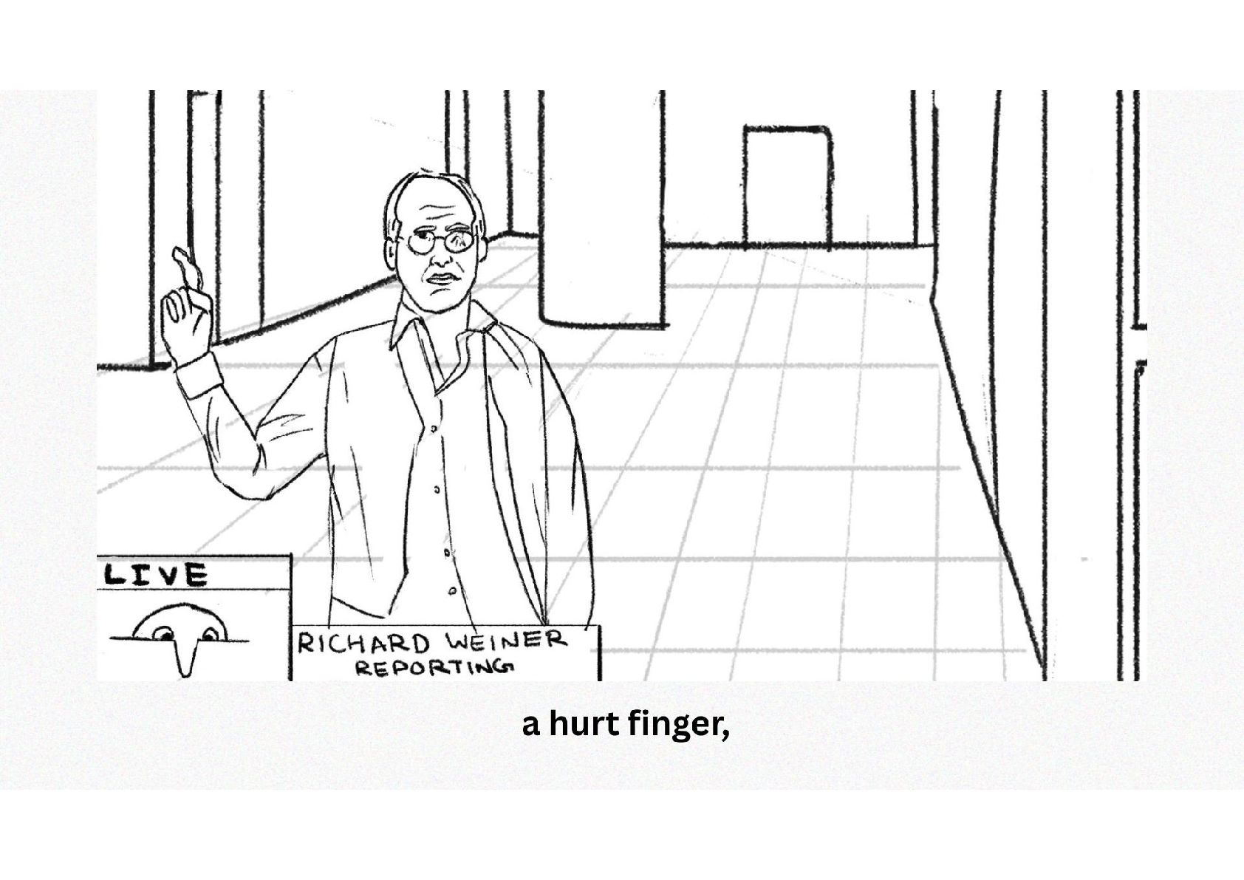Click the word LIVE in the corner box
[156, 574]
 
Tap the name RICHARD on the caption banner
[363, 644]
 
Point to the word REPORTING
[434, 666]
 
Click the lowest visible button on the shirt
[453, 591]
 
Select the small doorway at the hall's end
[787, 186]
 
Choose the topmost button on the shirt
[433, 429]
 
